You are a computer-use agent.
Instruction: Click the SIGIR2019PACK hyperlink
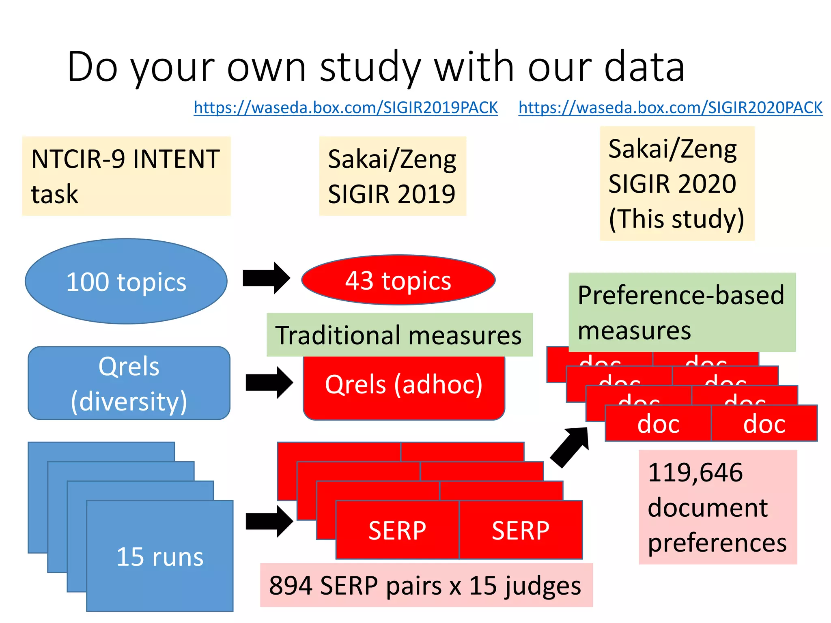346,108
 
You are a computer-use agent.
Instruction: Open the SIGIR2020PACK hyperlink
670,108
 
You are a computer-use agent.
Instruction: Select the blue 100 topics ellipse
126,281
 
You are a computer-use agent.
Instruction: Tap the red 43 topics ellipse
398,280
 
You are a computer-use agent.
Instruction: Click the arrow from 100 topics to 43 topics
266,278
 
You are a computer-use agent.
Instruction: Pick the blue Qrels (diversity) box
129,383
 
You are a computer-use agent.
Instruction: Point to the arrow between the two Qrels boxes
269,382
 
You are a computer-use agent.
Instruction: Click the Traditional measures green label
399,335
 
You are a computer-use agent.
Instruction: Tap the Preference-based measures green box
682,312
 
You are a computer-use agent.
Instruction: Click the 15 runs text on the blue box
160,556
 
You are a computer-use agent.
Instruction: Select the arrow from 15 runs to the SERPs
269,521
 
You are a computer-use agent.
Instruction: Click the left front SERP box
397,530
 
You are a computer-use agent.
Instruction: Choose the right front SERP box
521,530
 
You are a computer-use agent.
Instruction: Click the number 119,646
695,473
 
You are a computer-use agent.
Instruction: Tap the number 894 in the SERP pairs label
291,586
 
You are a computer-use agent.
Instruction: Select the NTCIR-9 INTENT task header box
126,176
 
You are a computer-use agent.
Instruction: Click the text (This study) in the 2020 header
676,219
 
